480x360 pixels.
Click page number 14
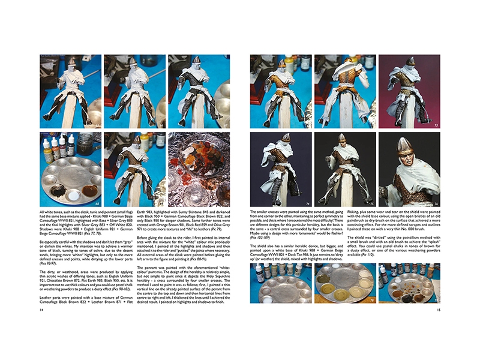(x=41, y=310)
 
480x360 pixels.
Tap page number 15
(x=439, y=310)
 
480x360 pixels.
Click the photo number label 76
(x=434, y=204)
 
